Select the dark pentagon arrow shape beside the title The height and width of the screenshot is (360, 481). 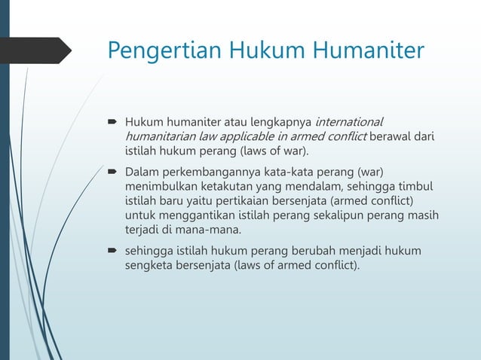click(x=38, y=51)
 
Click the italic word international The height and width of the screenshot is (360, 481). click(x=348, y=121)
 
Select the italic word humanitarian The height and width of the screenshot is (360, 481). click(x=161, y=136)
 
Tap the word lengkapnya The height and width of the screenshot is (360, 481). click(x=281, y=121)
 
